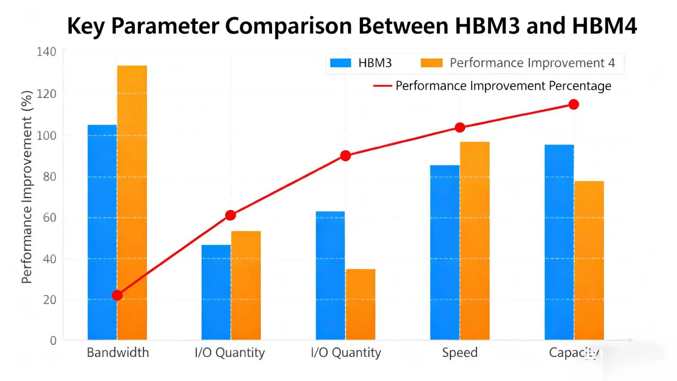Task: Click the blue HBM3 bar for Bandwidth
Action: click(102, 232)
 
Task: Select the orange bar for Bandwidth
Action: click(132, 202)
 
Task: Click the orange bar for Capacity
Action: click(589, 260)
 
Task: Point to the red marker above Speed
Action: click(460, 128)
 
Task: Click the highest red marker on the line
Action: click(574, 104)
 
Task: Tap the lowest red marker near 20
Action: click(117, 295)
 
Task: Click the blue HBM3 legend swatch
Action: click(340, 63)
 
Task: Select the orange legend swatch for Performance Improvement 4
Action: click(431, 63)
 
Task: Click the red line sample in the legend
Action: click(382, 86)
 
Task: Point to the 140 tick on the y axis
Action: click(46, 52)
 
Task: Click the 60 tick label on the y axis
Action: click(49, 218)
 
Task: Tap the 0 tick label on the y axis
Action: click(53, 341)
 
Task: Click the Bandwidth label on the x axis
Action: click(118, 352)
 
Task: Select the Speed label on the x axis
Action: click(460, 352)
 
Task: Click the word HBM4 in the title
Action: click(604, 26)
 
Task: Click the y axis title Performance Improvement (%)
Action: click(27, 187)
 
